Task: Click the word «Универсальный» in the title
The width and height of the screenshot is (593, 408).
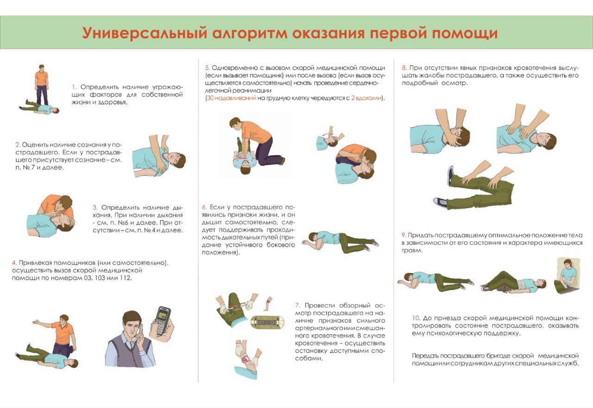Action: pos(144,33)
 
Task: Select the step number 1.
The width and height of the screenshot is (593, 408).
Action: pos(75,87)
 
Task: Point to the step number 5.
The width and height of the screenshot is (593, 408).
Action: pos(207,68)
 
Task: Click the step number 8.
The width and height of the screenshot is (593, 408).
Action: pos(404,68)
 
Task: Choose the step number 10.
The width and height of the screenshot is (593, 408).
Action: pos(416,318)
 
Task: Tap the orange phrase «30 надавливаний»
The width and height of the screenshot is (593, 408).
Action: pos(231,98)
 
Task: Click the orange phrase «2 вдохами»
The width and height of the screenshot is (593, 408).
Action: pos(366,98)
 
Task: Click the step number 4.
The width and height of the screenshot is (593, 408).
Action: pos(14,263)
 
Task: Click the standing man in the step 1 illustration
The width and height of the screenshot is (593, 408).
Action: pos(41,85)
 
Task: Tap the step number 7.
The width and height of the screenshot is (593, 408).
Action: pos(297,306)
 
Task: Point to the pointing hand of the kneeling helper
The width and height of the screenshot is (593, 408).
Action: pos(36,322)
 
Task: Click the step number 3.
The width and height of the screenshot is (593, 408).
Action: pos(95,207)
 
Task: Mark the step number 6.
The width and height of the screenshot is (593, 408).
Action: pos(204,207)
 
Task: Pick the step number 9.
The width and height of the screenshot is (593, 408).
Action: pos(404,235)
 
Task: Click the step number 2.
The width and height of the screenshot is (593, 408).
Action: pos(18,145)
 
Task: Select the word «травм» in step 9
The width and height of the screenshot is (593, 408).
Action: pos(411,251)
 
